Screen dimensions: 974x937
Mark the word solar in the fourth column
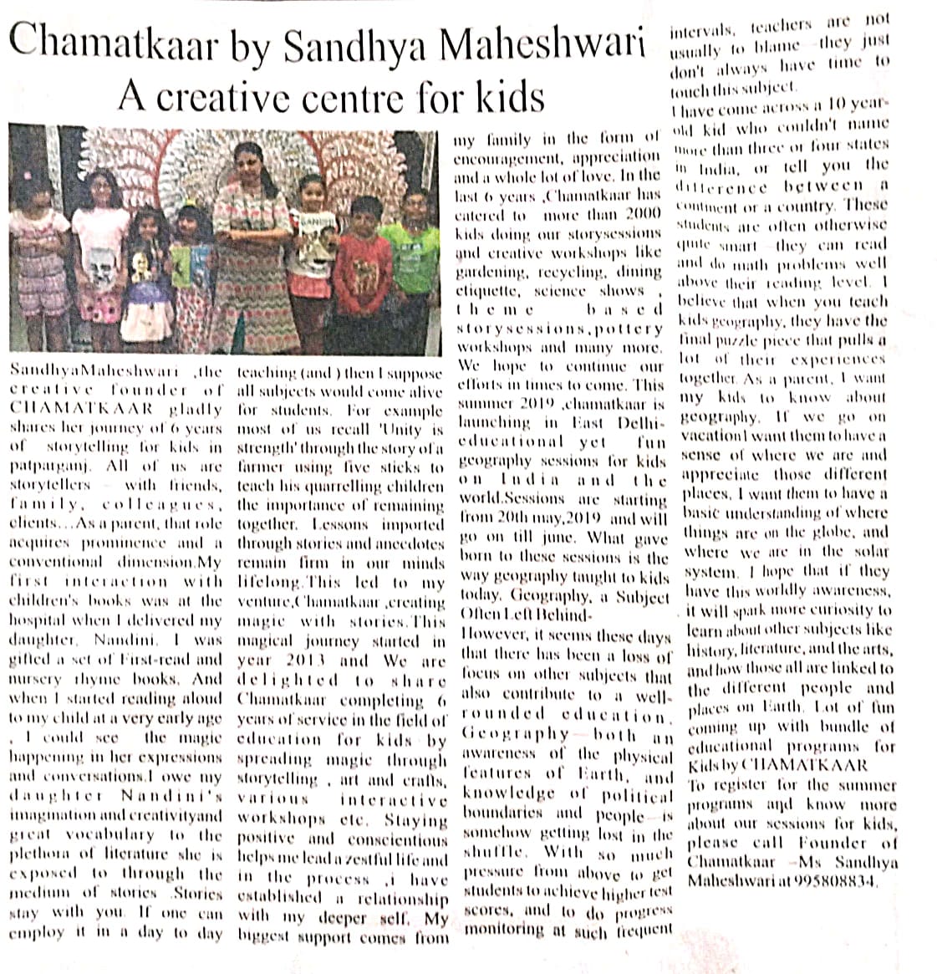868,552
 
